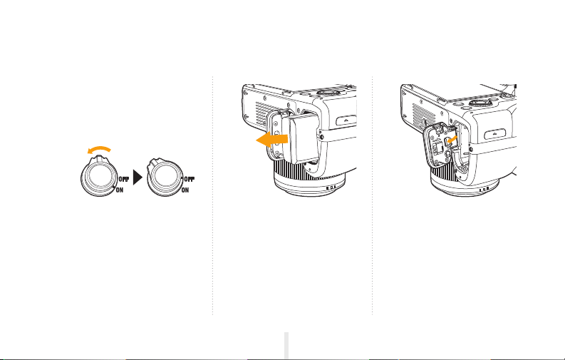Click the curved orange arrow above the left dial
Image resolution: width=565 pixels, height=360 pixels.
coord(99,148)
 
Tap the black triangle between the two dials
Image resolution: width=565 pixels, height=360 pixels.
coord(138,178)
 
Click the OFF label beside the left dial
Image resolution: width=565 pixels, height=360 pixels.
coord(124,179)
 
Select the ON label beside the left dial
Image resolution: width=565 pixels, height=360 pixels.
coord(119,190)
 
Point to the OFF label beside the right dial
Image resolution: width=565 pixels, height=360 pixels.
coord(190,179)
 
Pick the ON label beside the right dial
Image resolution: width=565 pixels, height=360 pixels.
coord(185,190)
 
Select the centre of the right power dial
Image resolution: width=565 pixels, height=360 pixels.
coord(165,178)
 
